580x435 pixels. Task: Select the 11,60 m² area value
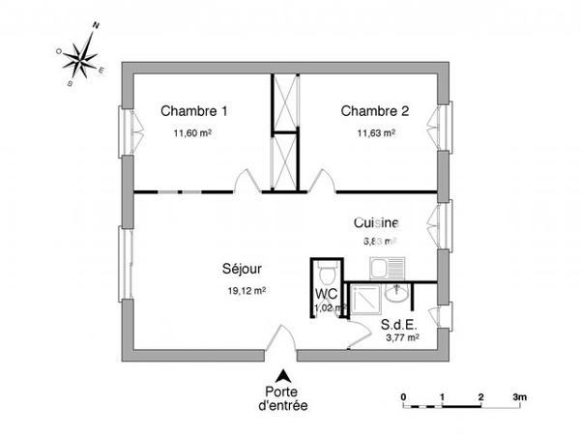192,134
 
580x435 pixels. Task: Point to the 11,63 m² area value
375,134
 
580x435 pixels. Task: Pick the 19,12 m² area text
246,289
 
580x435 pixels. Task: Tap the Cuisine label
376,222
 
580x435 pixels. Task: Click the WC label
326,294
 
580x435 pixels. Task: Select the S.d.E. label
398,325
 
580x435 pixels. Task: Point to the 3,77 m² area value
402,338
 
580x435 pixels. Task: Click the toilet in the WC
327,268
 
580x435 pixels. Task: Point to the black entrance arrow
283,376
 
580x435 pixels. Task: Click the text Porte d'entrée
283,399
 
